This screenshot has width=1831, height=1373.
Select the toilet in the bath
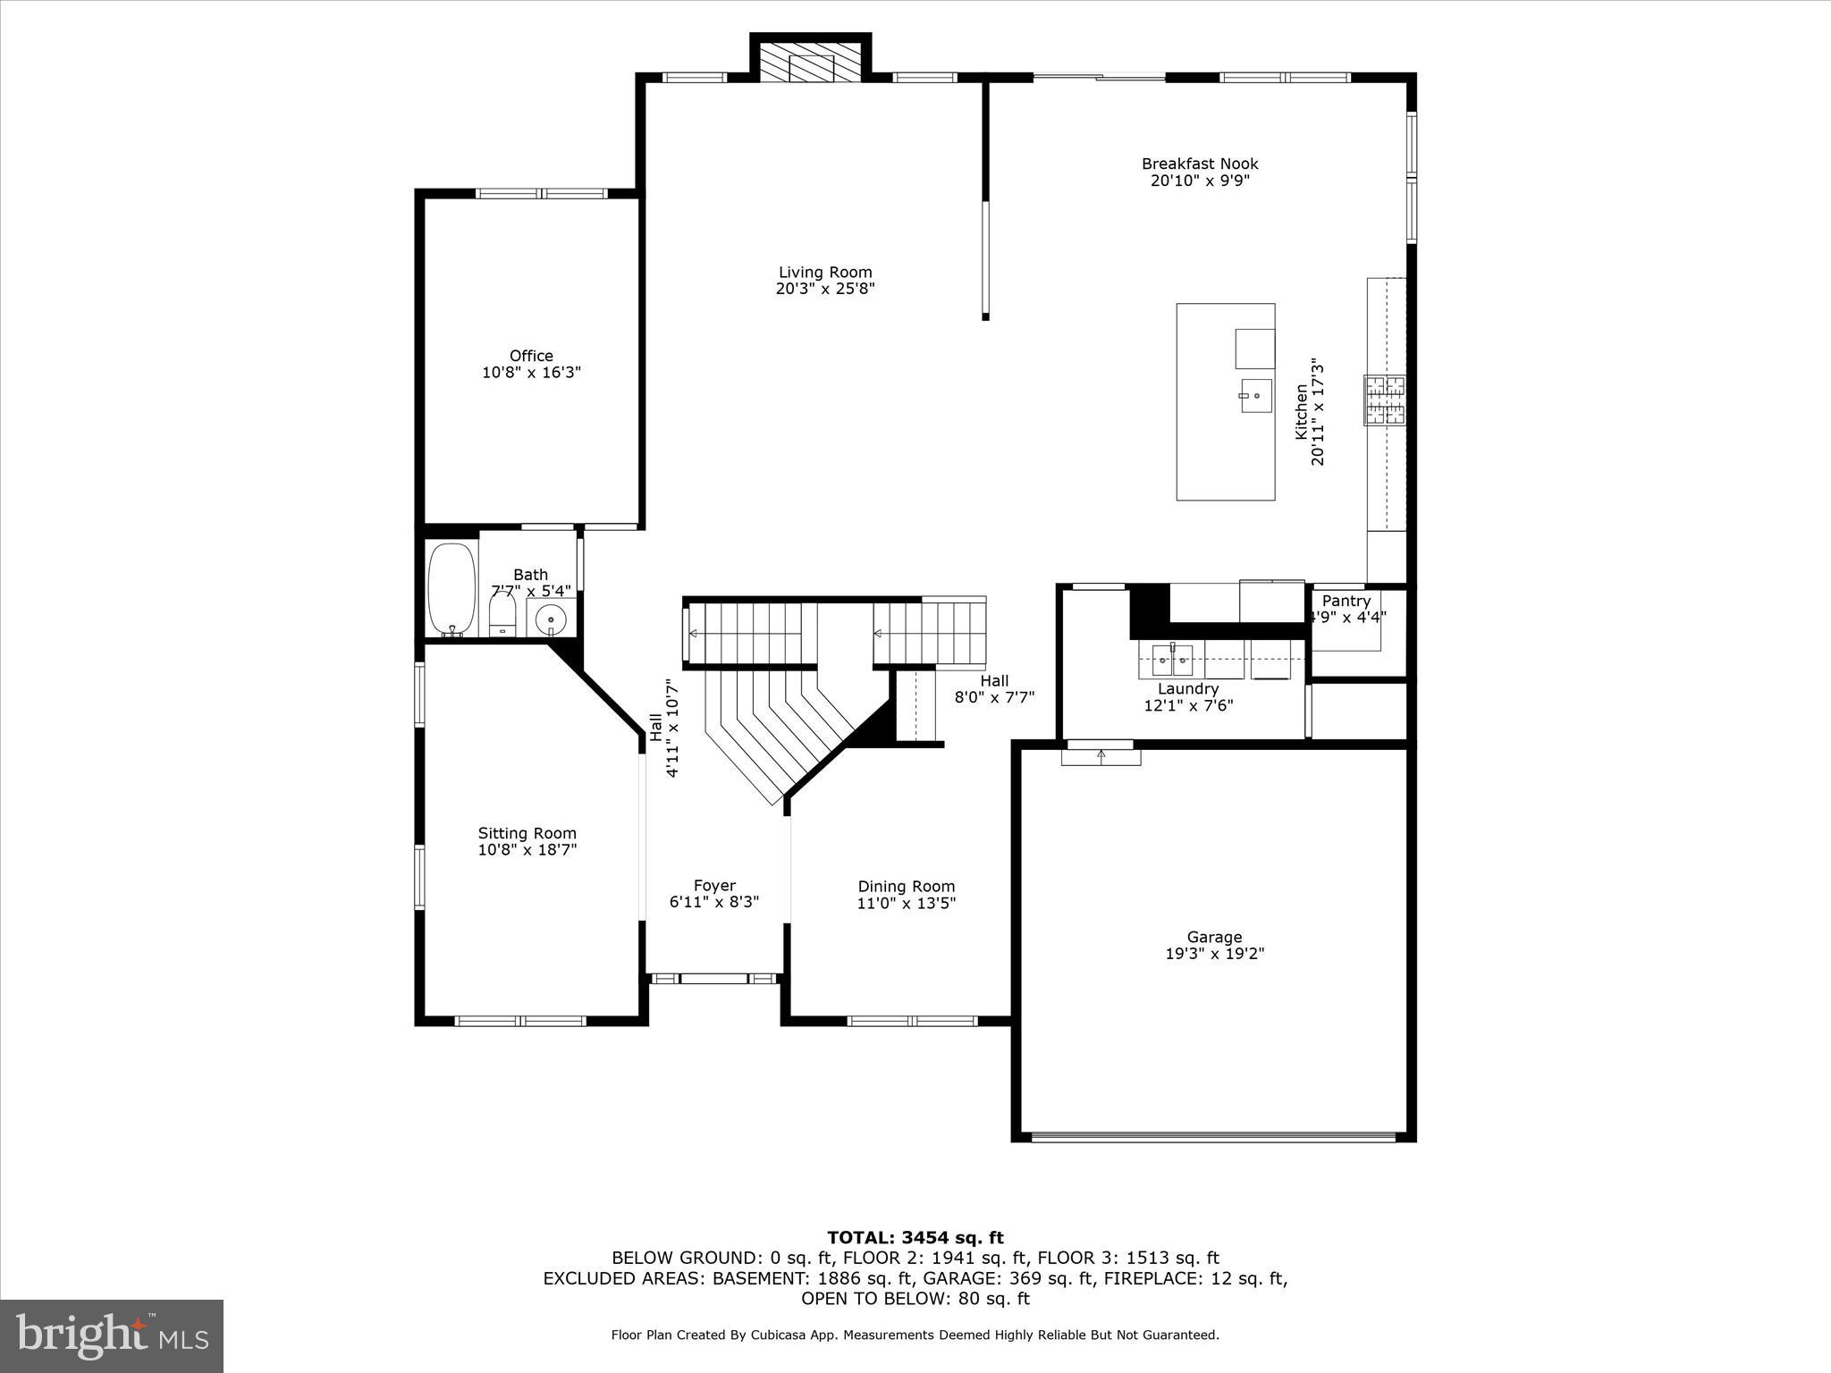[503, 616]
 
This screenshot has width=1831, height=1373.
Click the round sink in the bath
[551, 618]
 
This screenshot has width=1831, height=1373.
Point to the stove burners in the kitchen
[1384, 400]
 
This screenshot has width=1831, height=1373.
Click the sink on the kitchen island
[1255, 396]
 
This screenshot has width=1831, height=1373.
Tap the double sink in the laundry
[1171, 661]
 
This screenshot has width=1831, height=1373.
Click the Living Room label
[824, 273]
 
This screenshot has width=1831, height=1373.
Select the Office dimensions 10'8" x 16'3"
[531, 373]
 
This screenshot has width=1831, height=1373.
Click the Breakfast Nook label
[1199, 164]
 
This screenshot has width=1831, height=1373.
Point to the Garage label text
[1214, 937]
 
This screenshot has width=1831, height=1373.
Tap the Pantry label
[1346, 601]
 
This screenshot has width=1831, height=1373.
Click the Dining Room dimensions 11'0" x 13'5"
[906, 903]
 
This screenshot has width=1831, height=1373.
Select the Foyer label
[714, 886]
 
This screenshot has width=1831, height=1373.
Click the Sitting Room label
[527, 833]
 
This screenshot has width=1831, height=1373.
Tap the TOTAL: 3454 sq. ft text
[915, 1238]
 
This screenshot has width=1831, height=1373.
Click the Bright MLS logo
[112, 1336]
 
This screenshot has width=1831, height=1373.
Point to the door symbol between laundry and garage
[1101, 754]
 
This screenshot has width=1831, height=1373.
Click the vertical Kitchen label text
[1302, 412]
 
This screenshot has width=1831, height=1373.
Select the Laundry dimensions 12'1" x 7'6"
[1188, 705]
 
